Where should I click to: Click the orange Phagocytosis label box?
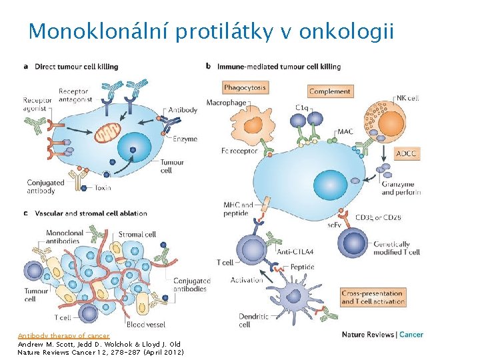[245, 87]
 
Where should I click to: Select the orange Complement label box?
[330, 91]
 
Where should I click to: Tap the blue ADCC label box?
[406, 154]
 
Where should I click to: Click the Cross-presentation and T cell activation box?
[373, 297]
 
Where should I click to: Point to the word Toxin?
[103, 189]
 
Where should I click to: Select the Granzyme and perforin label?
[401, 189]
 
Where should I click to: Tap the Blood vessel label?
[145, 324]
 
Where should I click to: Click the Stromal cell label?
[137, 235]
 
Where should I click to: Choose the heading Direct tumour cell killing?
[76, 67]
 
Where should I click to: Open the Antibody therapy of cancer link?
[63, 336]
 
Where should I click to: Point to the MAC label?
[345, 132]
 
